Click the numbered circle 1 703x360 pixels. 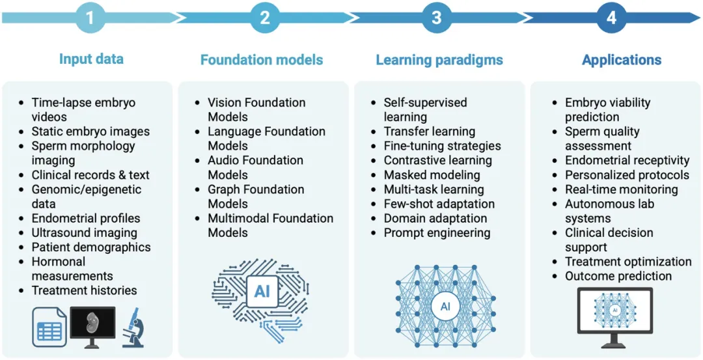pos(90,18)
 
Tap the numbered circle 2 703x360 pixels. pos(264,18)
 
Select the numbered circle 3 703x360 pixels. pos(437,18)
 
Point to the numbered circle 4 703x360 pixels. pos(611,18)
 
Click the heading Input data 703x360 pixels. pos(91,59)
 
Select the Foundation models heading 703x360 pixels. pos(262,60)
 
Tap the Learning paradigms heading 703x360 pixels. pos(439,60)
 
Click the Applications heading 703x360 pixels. pos(622,61)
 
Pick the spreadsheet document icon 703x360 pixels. pos(49,327)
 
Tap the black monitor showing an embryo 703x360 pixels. pos(92,324)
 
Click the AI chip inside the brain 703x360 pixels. pos(262,291)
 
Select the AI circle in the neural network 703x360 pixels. pos(445,305)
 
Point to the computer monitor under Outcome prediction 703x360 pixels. pos(614,316)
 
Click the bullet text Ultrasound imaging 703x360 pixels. pos(84,232)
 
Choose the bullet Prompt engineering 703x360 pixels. pos(437,232)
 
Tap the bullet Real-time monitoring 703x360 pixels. pos(621,189)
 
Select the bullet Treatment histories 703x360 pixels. pos(84,290)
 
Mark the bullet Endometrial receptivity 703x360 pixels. pos(627,160)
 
